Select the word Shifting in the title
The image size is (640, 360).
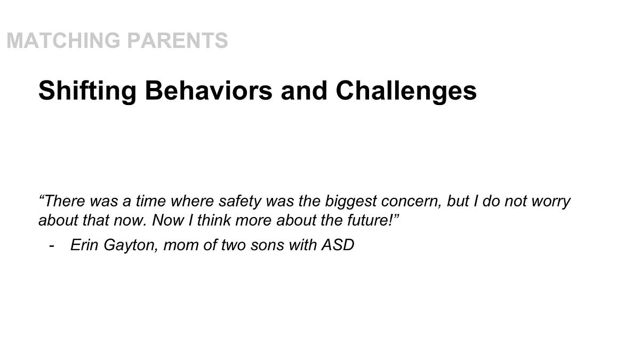(x=87, y=91)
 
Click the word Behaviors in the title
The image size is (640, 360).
(x=209, y=91)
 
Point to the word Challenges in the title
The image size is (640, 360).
(x=406, y=91)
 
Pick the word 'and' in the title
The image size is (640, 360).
(x=303, y=91)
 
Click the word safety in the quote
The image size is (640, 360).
(x=240, y=202)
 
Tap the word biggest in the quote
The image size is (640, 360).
(x=350, y=202)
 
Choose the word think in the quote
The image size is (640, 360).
(x=213, y=220)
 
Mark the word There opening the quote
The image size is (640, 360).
(x=65, y=201)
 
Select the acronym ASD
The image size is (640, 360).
(x=338, y=245)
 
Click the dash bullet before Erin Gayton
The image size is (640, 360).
(x=52, y=246)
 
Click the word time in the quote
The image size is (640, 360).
(x=150, y=201)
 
